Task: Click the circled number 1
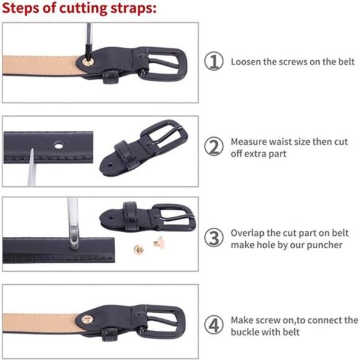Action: [x=214, y=61]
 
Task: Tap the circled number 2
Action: [x=214, y=146]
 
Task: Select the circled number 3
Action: [x=214, y=238]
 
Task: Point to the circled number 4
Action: [x=214, y=325]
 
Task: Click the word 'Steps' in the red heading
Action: [x=20, y=8]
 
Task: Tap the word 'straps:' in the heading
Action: [x=133, y=8]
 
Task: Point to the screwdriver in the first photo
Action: [x=88, y=42]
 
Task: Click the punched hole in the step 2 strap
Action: [x=59, y=145]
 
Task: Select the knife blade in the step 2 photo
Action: [x=31, y=167]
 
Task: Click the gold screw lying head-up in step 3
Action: [x=138, y=250]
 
